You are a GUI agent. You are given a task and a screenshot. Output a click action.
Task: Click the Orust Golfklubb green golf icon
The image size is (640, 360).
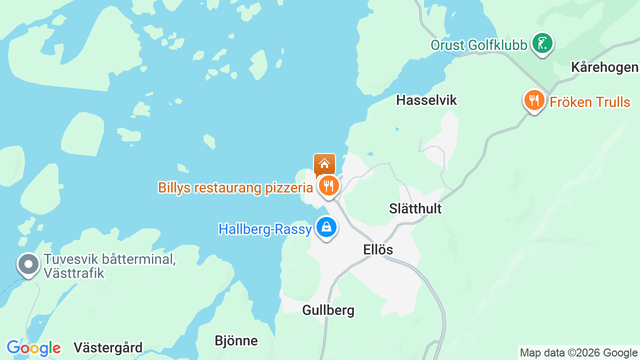click(542, 43)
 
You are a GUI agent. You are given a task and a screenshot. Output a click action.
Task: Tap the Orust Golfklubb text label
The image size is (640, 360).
click(479, 45)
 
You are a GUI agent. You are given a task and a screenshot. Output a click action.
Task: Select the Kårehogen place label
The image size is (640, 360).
click(604, 67)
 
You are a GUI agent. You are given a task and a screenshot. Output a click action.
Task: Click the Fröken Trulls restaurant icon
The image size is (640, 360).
click(534, 100)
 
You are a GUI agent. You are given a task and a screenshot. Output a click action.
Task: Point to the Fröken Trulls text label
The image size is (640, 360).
click(590, 102)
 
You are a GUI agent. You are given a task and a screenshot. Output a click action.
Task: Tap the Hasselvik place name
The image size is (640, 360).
click(426, 100)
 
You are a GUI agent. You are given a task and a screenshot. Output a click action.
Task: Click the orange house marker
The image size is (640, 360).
click(324, 164)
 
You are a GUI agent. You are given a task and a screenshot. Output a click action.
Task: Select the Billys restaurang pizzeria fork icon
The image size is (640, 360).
click(328, 186)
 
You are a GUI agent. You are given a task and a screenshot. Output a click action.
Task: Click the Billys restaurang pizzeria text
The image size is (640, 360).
click(235, 188)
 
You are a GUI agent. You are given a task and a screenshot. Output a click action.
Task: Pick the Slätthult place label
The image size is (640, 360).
click(415, 208)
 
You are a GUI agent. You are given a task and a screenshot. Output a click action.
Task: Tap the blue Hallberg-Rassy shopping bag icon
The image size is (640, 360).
click(326, 227)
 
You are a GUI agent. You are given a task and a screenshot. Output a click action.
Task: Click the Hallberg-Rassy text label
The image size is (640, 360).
click(265, 229)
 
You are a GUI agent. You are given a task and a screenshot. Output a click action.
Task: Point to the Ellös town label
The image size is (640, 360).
click(378, 249)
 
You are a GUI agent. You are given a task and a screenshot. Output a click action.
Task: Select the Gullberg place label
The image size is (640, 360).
click(328, 310)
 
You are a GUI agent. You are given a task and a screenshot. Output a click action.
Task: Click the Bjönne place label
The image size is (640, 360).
click(236, 341)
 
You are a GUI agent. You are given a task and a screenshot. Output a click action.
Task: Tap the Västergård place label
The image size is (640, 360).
click(108, 347)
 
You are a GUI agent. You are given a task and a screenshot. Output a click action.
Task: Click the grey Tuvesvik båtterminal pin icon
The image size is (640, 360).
click(28, 264)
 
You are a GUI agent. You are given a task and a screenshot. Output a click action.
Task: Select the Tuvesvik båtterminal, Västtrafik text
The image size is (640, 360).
click(109, 266)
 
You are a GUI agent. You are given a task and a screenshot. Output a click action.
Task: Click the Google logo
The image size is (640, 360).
click(34, 348)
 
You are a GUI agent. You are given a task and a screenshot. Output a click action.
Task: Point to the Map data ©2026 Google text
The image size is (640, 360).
click(578, 353)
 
